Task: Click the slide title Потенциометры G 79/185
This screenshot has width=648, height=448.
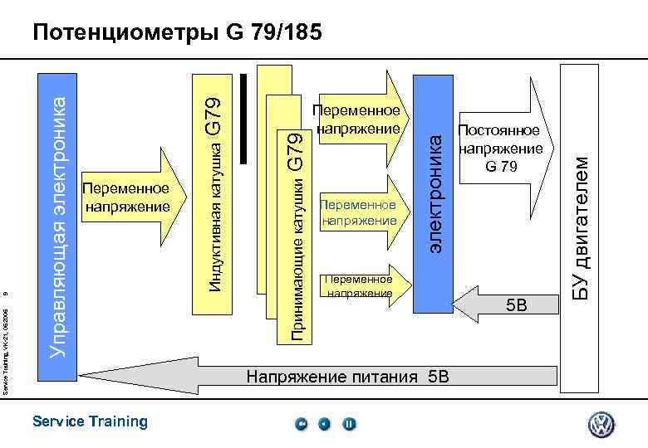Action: tap(175, 33)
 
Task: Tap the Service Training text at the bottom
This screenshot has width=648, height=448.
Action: tap(90, 421)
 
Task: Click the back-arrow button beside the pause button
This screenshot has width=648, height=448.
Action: tap(325, 424)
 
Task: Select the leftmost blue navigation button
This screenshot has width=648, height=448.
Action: tap(302, 424)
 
